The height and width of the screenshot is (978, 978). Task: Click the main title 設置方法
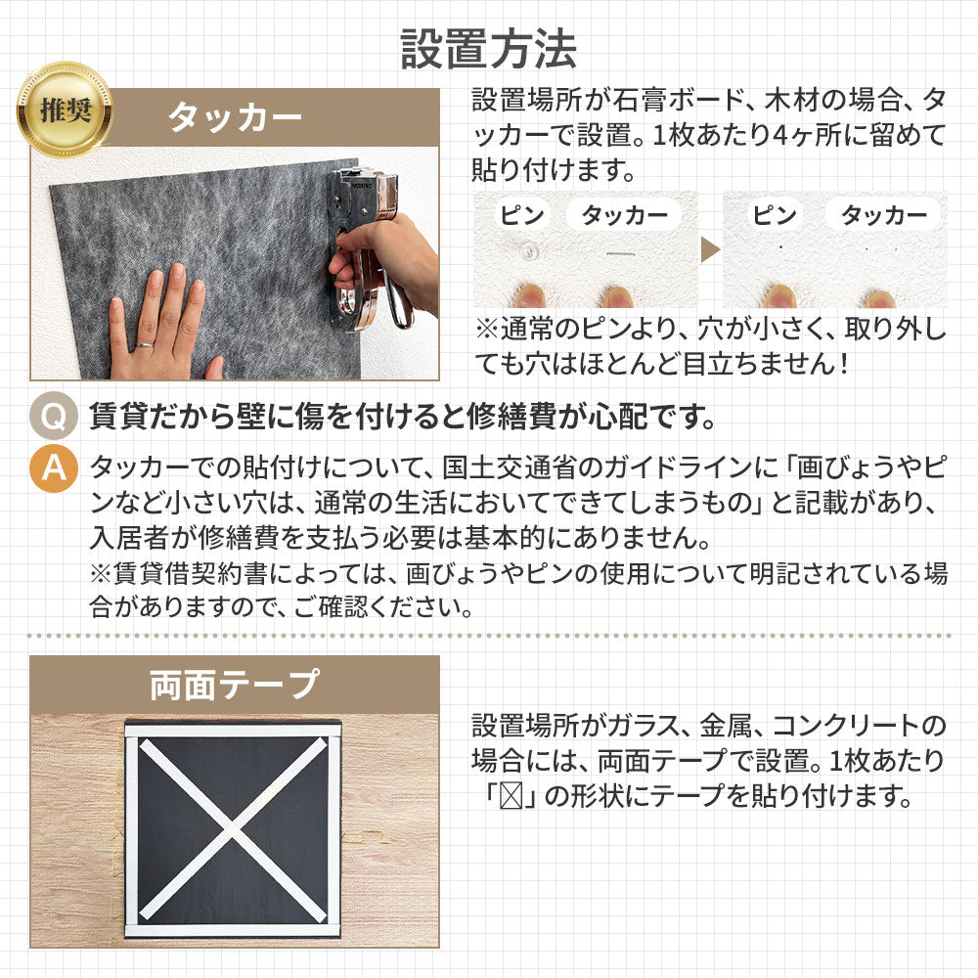point(488,49)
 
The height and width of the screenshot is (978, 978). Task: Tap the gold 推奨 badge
point(65,111)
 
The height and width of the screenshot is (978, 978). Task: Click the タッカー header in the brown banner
point(235,116)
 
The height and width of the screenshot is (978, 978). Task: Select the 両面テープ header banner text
point(235,685)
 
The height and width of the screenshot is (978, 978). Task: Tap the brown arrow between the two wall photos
point(710,249)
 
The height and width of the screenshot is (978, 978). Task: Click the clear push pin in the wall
point(529,251)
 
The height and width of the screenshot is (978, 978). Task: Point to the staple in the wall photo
point(619,254)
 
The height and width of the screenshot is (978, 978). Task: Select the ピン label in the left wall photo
point(522,215)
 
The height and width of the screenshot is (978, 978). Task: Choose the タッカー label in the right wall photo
point(884,215)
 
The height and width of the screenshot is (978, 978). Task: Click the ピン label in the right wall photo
point(775,215)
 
